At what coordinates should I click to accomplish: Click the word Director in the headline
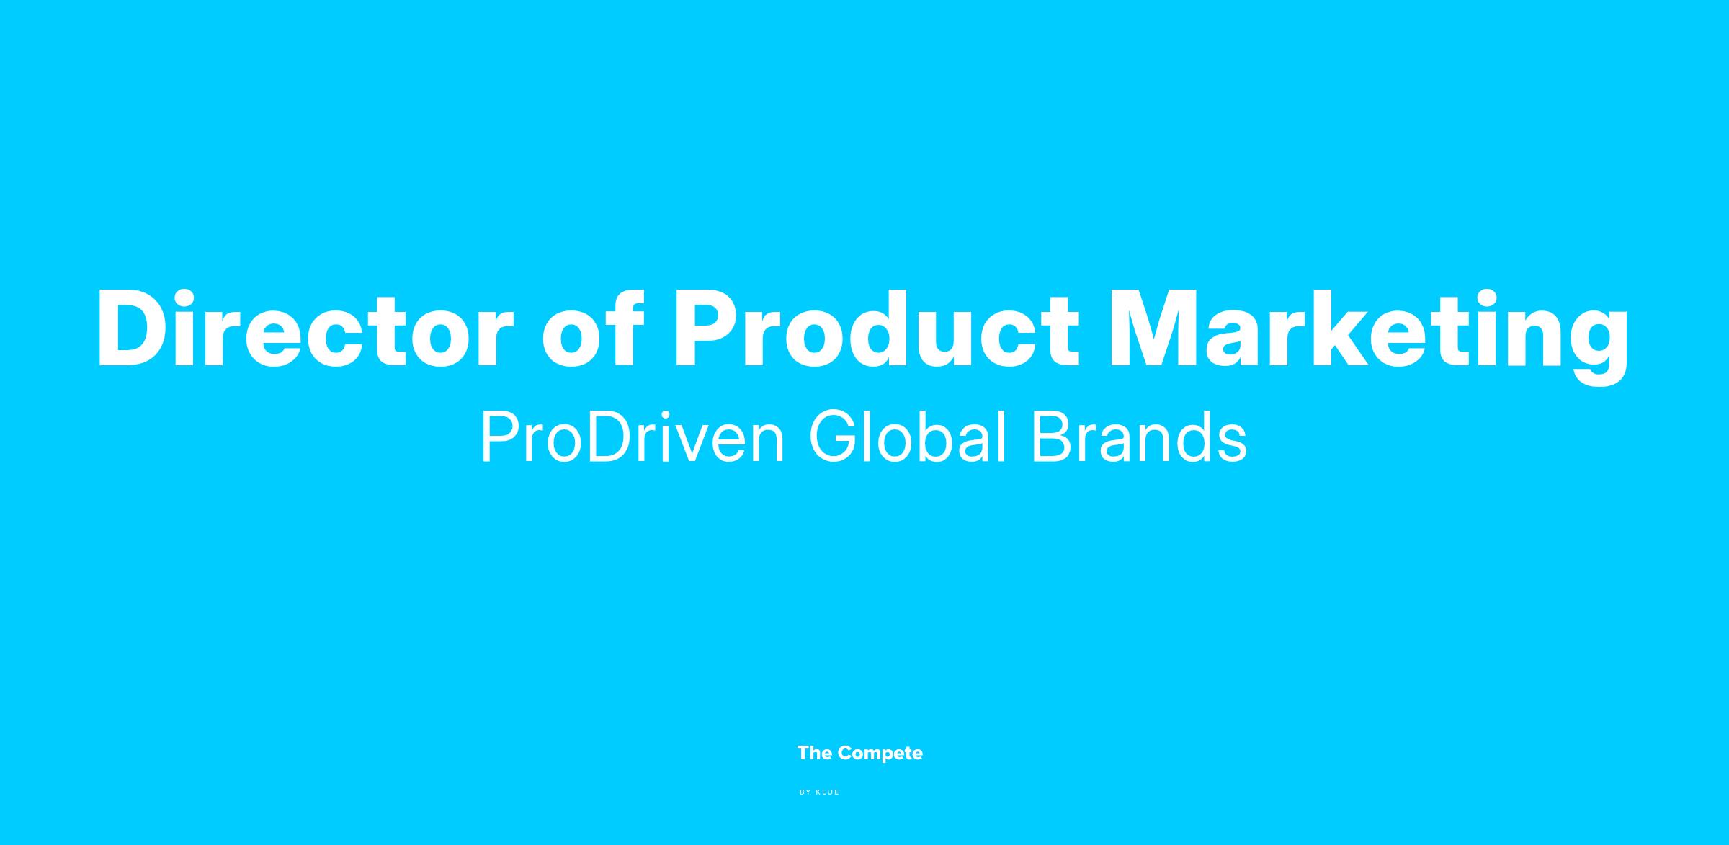click(x=305, y=328)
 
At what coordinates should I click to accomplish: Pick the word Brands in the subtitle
click(x=1140, y=437)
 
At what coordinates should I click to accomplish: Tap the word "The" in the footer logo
click(x=815, y=754)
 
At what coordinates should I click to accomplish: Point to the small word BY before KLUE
click(x=805, y=792)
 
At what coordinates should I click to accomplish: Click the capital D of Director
click(x=136, y=330)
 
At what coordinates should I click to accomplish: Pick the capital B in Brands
click(x=1053, y=437)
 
